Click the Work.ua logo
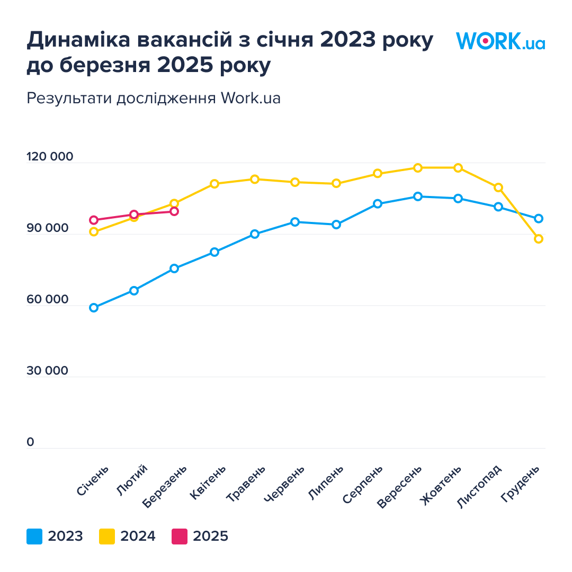pyautogui.click(x=500, y=41)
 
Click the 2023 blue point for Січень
pyautogui.click(x=94, y=308)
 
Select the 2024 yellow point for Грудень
pyautogui.click(x=539, y=239)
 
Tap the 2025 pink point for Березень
pyautogui.click(x=174, y=211)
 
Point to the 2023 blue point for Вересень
pyautogui.click(x=418, y=196)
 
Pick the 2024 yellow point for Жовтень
pyautogui.click(x=458, y=168)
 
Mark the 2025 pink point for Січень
pyautogui.click(x=94, y=220)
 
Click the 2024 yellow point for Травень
pyautogui.click(x=255, y=179)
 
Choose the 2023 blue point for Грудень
pyautogui.click(x=539, y=218)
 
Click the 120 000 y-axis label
pyautogui.click(x=50, y=157)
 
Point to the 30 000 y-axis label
pyautogui.click(x=48, y=371)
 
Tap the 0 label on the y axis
pyautogui.click(x=30, y=442)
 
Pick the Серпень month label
pyautogui.click(x=363, y=485)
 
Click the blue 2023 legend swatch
pyautogui.click(x=34, y=537)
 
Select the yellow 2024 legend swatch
pyautogui.click(x=107, y=537)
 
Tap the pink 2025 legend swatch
pyautogui.click(x=180, y=537)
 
